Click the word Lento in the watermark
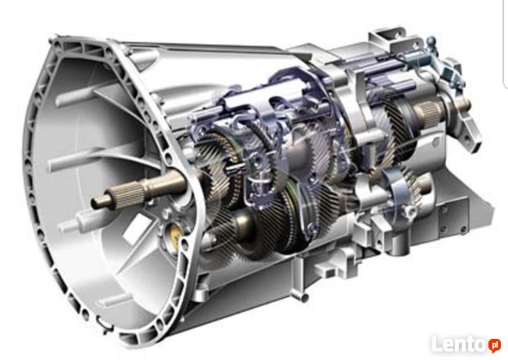click(459, 344)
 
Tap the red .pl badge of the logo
click(494, 345)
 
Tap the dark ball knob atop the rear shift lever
click(431, 41)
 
